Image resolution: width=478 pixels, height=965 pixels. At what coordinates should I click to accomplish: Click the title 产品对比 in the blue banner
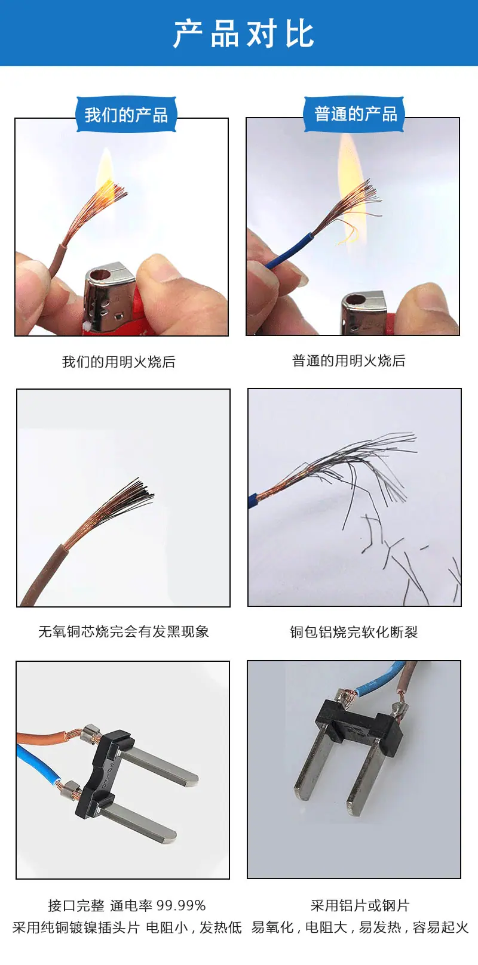(x=243, y=33)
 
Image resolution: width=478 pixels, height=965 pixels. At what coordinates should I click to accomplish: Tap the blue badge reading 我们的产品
(x=126, y=115)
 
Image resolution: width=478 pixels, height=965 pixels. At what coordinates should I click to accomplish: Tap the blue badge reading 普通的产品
(x=355, y=114)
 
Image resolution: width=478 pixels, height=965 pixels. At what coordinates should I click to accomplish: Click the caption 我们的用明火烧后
(x=119, y=362)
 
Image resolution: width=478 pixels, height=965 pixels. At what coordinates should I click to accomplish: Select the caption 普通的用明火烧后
(x=348, y=360)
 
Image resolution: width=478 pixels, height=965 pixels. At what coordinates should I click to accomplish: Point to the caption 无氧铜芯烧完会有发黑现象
(x=123, y=631)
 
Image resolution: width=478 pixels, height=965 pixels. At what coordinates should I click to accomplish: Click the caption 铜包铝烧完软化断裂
(x=354, y=632)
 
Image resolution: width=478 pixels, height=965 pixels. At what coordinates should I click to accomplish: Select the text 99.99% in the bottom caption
(x=181, y=905)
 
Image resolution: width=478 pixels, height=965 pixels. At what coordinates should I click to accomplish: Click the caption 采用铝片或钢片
(x=360, y=905)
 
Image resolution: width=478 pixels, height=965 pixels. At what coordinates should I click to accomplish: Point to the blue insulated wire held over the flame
(x=289, y=250)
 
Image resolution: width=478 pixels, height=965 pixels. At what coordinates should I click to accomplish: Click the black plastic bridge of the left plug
(x=103, y=773)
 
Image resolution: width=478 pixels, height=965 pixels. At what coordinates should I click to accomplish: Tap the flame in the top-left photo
(x=106, y=172)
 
